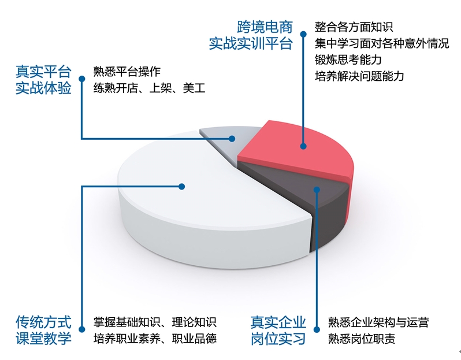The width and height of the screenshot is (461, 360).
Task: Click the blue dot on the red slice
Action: coord(303,146)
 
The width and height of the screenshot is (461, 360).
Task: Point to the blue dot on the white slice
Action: coord(182,187)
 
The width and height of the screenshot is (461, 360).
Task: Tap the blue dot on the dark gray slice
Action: coord(317,190)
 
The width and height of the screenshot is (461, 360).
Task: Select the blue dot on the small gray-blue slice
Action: coord(232,139)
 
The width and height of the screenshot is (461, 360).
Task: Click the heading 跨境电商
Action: coord(265,27)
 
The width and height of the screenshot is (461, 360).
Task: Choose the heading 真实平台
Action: coord(43,72)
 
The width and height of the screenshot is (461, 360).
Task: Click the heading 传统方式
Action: coord(43,322)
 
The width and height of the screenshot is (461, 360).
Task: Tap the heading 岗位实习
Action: coord(278,339)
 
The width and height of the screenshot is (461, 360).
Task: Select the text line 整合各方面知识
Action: coord(354,27)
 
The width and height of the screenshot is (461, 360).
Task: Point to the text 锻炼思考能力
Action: coord(348,60)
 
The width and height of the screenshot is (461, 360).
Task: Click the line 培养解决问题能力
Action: coord(359,76)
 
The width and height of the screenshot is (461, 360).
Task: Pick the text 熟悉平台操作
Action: coord(127,72)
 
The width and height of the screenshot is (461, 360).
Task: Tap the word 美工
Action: coord(194,88)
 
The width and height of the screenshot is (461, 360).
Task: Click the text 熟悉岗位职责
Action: coord(362,339)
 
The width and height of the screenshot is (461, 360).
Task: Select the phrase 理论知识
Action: coord(194,322)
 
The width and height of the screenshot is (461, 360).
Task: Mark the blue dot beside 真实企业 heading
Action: coord(317,329)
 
